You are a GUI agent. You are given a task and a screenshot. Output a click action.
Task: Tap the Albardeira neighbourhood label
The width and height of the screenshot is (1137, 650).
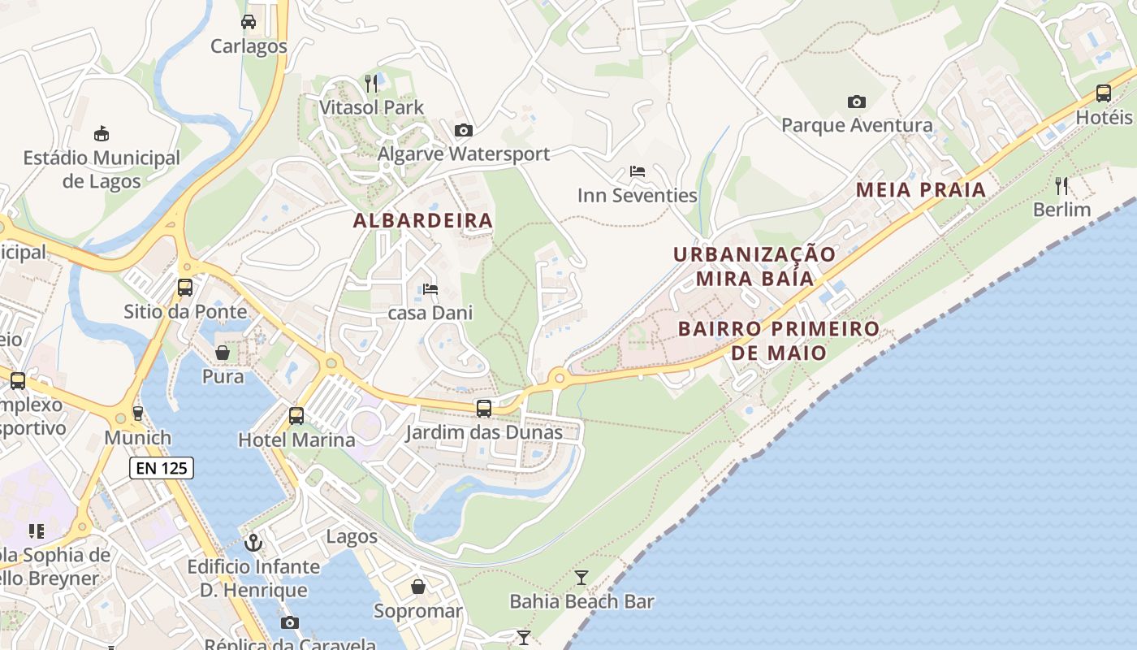click(x=423, y=220)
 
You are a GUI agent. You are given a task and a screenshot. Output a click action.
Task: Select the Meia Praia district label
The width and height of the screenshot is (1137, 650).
click(x=921, y=189)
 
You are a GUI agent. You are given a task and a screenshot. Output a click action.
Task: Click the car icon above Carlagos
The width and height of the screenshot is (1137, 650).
click(x=249, y=21)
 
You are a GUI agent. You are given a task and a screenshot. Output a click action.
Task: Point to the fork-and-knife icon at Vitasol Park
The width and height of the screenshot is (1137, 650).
click(x=371, y=82)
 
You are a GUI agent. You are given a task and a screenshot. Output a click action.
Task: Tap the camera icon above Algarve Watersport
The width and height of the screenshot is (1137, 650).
click(x=464, y=130)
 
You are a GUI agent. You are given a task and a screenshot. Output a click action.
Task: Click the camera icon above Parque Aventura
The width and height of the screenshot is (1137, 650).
click(x=856, y=102)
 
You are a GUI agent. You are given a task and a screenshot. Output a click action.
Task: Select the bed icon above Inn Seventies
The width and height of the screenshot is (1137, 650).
click(x=638, y=171)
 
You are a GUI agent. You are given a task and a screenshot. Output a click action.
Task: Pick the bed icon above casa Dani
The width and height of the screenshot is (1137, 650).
click(x=430, y=288)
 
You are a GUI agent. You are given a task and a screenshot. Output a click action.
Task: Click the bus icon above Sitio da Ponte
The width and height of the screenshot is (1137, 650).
click(x=185, y=287)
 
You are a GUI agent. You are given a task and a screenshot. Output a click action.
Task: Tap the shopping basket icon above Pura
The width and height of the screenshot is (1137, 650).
click(x=223, y=353)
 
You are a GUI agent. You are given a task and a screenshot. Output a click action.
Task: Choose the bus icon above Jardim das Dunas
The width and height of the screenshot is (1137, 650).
click(x=484, y=408)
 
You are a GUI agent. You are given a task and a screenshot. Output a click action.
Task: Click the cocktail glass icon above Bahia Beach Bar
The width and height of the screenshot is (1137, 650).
click(x=581, y=577)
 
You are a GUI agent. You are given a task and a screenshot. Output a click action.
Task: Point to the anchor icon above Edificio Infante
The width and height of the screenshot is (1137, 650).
click(x=253, y=541)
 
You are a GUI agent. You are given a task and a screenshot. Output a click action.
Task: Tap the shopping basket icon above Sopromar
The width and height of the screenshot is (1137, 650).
click(x=418, y=586)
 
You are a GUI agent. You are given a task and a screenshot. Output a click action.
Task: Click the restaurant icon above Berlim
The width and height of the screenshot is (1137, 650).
click(x=1061, y=185)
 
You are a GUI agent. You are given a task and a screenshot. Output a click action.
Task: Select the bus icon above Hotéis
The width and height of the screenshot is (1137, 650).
click(x=1104, y=93)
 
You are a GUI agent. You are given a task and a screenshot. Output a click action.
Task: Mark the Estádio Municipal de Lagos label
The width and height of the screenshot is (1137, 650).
click(x=102, y=169)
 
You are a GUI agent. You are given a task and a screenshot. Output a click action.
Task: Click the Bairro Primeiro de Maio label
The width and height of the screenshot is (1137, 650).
click(x=778, y=340)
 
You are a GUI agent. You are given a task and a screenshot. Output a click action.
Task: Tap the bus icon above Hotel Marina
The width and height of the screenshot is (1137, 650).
click(x=296, y=416)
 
